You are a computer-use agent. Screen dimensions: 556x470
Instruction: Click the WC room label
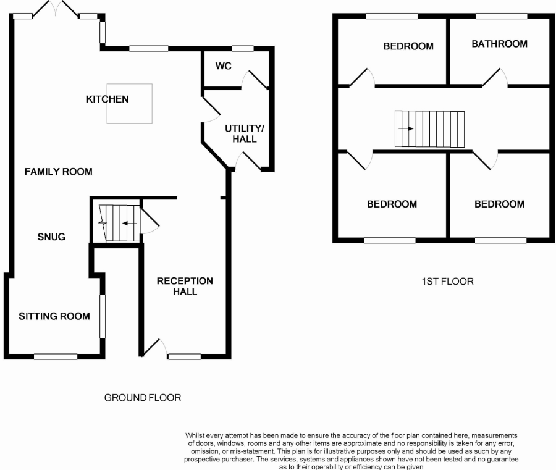224,66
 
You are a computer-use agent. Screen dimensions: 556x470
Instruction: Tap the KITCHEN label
107,99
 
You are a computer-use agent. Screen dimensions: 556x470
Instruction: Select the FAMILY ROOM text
59,172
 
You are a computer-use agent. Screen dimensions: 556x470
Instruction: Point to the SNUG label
51,237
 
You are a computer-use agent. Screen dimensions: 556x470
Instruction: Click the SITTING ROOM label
54,316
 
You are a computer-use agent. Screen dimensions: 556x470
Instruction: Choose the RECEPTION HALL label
185,287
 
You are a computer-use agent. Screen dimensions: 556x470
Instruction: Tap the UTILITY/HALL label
245,133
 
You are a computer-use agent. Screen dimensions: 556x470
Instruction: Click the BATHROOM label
499,44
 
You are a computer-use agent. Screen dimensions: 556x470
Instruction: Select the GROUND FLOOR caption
143,398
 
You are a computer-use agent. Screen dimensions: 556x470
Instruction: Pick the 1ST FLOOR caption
447,282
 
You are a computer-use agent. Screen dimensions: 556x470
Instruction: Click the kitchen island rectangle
130,104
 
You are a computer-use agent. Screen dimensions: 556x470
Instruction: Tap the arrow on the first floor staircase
406,128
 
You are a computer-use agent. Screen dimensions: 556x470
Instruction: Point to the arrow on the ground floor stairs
130,224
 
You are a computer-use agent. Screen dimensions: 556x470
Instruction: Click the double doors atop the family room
56,9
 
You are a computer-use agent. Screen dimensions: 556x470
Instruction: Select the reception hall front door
154,347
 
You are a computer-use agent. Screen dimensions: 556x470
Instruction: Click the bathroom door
495,77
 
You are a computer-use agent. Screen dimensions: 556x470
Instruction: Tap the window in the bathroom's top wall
501,16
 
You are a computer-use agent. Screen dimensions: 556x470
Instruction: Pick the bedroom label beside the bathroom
408,46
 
